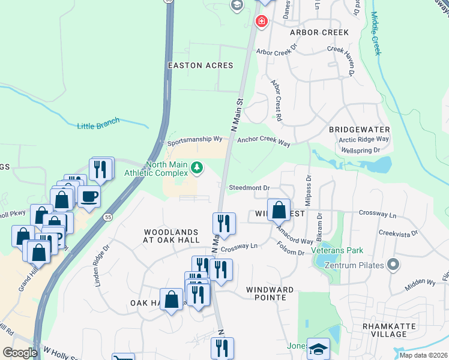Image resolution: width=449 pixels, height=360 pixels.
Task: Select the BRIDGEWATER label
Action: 360,130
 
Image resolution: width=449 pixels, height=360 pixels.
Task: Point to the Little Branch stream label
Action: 98,123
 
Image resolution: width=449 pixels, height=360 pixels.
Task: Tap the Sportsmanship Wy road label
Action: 194,140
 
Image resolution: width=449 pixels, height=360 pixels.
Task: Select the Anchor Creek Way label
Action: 264,143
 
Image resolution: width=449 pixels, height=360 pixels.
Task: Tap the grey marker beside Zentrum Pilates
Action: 393,263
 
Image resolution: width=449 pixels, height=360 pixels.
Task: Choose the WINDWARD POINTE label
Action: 270,289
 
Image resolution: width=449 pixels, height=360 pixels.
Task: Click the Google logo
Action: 20,353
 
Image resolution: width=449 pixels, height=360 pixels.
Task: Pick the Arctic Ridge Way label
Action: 364,139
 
